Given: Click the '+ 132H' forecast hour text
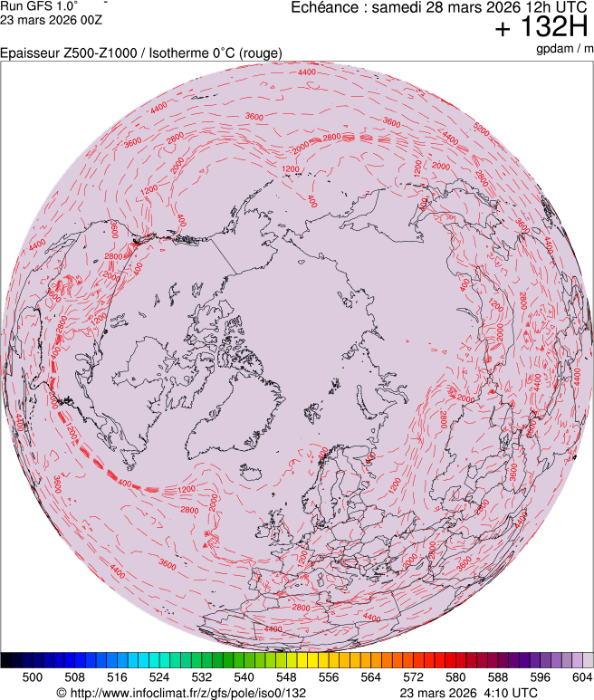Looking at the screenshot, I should coord(542,28).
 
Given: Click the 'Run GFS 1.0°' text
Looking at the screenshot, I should coord(39,5).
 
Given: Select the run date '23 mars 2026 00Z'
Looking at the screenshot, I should coord(44,19).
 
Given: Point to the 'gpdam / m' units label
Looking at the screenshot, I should coord(564,48).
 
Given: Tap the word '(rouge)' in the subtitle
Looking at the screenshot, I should coord(260,53).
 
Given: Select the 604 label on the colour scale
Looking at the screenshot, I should coord(581,676).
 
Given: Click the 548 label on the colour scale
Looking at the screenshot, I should coord(286,676).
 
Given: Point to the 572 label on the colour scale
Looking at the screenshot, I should coord(413,676).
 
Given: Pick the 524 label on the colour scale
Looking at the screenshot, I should coord(158,676).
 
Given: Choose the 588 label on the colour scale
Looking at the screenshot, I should coord(497,676).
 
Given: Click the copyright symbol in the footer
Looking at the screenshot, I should coord(61,693).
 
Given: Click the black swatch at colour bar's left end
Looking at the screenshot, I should coord(7,660).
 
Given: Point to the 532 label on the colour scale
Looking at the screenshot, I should coord(201,676).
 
